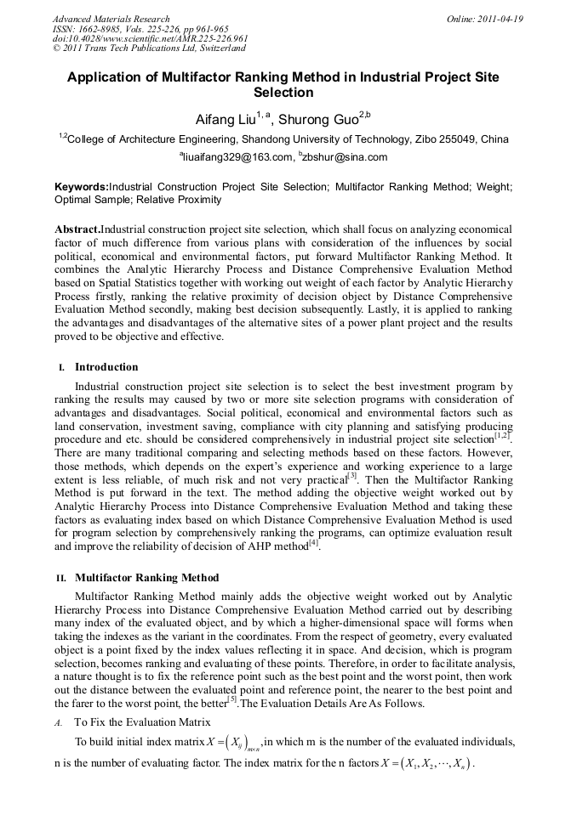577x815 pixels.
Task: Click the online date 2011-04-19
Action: click(x=501, y=19)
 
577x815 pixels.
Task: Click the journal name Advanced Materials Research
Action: click(x=111, y=19)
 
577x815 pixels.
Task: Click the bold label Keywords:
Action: click(x=82, y=185)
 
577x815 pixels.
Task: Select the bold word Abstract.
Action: click(x=77, y=229)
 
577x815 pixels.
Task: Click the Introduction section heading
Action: click(x=106, y=367)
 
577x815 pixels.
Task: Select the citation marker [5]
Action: click(x=231, y=699)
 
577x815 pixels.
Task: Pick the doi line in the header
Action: click(x=150, y=38)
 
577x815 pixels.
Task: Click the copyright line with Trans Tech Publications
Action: click(x=149, y=48)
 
